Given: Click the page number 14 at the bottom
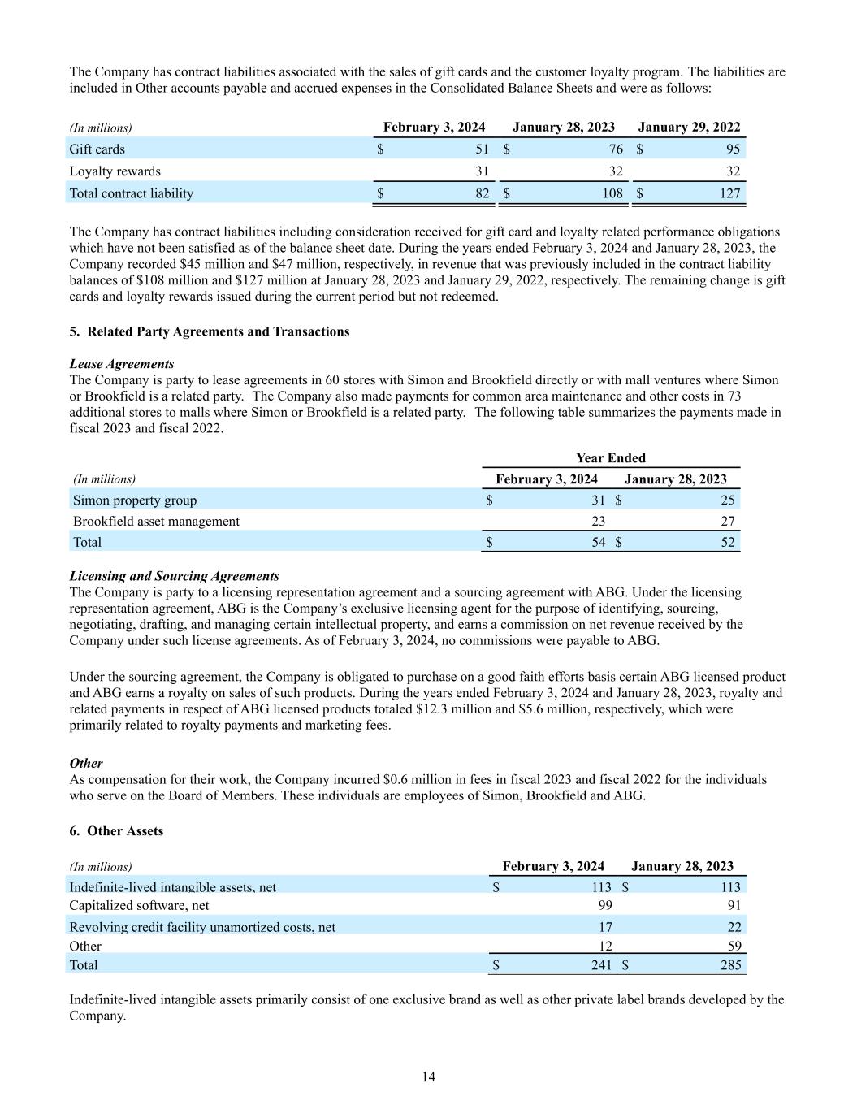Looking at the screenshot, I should click(429, 1077).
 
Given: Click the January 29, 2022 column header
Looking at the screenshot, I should click(689, 127).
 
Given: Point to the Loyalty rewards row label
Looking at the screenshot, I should click(115, 171).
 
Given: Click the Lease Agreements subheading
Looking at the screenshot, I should click(121, 364).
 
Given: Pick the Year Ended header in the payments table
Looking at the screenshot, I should click(611, 458).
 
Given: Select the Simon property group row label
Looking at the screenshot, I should click(135, 500).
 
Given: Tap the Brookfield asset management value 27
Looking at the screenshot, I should click(728, 522).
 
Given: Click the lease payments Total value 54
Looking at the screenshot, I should click(598, 543).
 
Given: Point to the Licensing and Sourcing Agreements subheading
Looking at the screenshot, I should click(174, 576).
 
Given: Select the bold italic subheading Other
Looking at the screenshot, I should click(86, 764).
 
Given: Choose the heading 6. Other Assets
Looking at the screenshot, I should click(116, 831).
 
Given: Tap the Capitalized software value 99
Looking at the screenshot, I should click(604, 906).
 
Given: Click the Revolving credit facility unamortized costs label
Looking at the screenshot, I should click(202, 927).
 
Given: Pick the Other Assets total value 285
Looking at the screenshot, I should click(731, 965).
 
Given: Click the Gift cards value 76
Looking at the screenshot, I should click(615, 149).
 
